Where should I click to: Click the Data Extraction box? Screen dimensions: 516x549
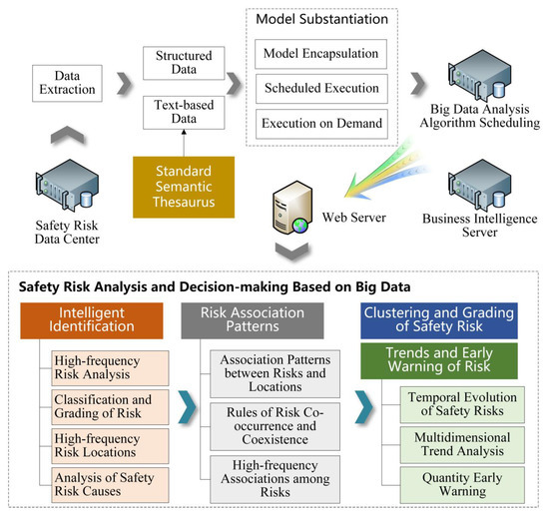tap(68, 83)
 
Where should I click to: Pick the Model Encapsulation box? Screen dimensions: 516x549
tap(316, 52)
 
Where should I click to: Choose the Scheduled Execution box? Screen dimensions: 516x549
tap(316, 88)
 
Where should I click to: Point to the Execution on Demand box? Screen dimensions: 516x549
tap(316, 124)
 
